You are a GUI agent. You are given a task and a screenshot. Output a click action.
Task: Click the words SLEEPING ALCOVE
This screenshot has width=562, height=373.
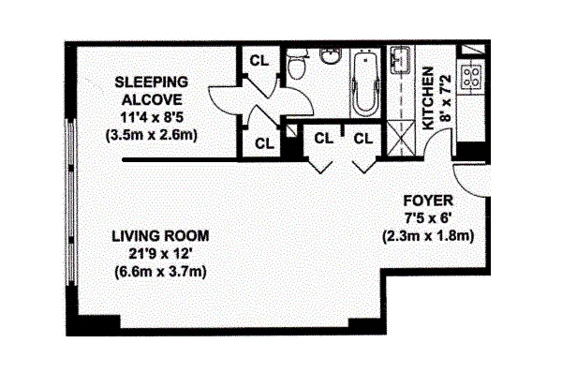pyautogui.click(x=151, y=91)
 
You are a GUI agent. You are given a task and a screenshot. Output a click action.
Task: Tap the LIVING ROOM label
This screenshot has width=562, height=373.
pyautogui.click(x=160, y=236)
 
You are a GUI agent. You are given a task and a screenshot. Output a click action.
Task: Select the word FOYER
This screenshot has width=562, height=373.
pyautogui.click(x=428, y=201)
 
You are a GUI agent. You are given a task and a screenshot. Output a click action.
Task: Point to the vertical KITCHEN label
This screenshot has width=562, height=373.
pyautogui.click(x=428, y=98)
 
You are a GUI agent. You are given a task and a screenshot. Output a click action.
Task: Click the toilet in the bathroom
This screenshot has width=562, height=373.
pyautogui.click(x=296, y=64)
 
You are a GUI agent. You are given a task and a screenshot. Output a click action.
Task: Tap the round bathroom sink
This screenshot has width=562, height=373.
pyautogui.click(x=331, y=55)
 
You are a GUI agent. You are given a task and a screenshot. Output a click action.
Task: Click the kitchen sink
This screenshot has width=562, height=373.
pyautogui.click(x=400, y=60)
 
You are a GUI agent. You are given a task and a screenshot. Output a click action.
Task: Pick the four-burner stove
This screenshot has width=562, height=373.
pyautogui.click(x=471, y=77)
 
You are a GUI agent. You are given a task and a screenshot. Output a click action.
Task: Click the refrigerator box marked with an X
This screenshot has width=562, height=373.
pyautogui.click(x=401, y=139)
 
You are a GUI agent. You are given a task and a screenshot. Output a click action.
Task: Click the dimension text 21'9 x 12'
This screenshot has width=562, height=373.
pyautogui.click(x=161, y=254)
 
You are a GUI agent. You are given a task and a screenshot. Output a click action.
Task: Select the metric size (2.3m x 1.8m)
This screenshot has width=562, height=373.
pyautogui.click(x=428, y=236)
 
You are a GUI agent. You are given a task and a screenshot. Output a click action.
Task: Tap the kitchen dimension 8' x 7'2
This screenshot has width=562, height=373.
pyautogui.click(x=446, y=98)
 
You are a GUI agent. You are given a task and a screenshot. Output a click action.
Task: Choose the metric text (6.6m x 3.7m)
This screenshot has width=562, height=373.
pyautogui.click(x=160, y=272)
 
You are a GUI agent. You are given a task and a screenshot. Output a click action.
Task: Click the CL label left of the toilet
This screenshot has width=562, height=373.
pyautogui.click(x=259, y=61)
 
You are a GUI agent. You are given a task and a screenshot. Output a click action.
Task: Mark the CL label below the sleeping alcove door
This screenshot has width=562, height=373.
pyautogui.click(x=264, y=143)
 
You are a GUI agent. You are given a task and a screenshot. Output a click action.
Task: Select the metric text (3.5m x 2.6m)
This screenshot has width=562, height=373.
pyautogui.click(x=152, y=136)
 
